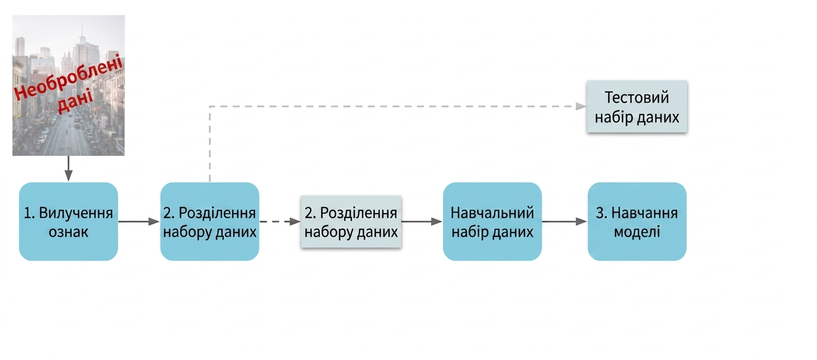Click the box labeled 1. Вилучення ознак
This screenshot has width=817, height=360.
[69, 221]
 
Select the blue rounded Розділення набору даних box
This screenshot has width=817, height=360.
[210, 221]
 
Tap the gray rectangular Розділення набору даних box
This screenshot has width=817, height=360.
[351, 222]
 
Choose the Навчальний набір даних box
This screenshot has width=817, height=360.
[492, 221]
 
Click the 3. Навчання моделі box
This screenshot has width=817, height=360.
[637, 221]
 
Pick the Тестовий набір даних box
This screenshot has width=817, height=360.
[637, 107]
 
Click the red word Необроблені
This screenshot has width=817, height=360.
[68, 76]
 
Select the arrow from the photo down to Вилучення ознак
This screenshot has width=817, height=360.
[68, 168]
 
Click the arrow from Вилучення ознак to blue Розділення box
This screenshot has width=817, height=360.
[139, 221]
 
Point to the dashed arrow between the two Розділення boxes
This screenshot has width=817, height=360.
[280, 221]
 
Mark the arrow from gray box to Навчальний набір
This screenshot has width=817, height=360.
[422, 221]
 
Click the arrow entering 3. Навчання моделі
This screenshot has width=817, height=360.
[564, 221]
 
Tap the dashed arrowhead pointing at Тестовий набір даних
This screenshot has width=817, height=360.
[581, 107]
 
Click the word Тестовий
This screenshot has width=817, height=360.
[637, 97]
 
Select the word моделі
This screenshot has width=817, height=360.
[637, 232]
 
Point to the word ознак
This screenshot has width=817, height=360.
[69, 232]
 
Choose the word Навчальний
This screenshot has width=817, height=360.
[492, 212]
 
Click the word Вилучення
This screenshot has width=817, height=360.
[76, 213]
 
